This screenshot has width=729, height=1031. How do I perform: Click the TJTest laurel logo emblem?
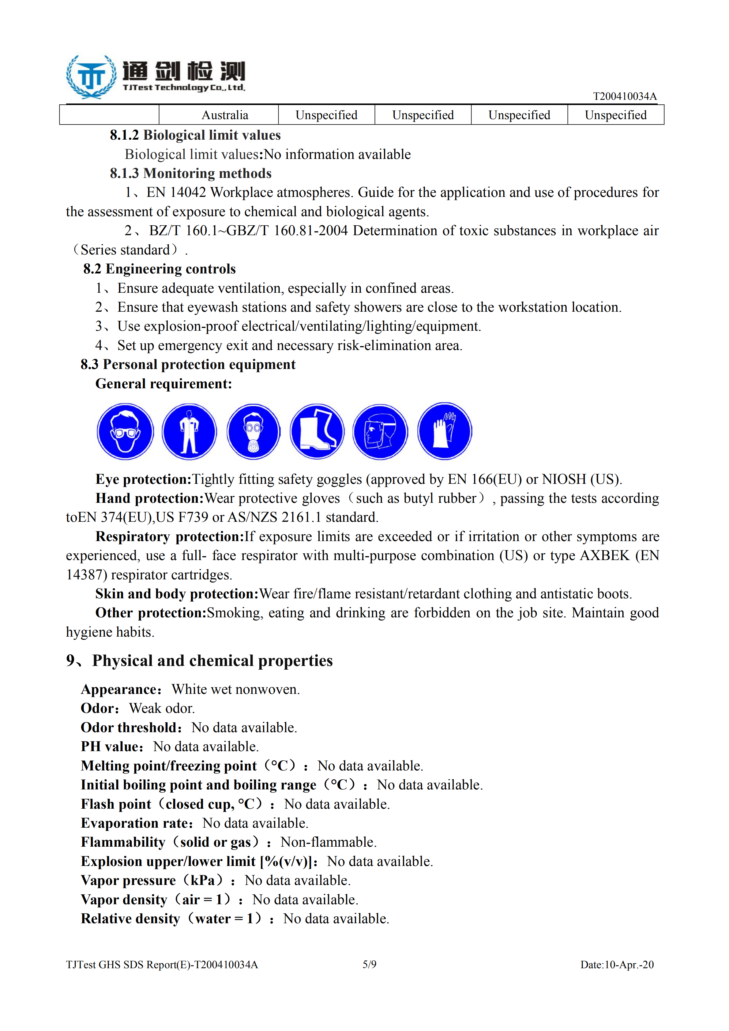(x=92, y=76)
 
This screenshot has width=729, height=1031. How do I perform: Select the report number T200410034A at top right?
(x=624, y=96)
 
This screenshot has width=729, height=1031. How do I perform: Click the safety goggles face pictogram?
(x=125, y=431)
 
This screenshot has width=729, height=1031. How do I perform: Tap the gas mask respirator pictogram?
(x=253, y=431)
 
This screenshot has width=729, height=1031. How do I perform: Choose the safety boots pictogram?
(x=317, y=431)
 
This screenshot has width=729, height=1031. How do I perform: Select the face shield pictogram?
(x=380, y=431)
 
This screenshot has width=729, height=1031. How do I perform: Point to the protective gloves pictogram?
(x=444, y=431)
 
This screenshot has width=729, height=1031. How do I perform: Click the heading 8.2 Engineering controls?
(x=159, y=269)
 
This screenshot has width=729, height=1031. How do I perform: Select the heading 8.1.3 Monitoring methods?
(x=191, y=173)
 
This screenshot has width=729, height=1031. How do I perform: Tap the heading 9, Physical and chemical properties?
(x=199, y=660)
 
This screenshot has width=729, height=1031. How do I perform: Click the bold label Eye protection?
(x=143, y=479)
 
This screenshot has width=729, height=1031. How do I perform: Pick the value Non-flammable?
(x=329, y=842)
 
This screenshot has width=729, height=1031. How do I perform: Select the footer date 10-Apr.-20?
(x=629, y=965)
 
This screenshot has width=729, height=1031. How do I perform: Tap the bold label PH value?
(x=111, y=746)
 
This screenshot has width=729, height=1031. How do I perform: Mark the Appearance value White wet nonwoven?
(x=236, y=689)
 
